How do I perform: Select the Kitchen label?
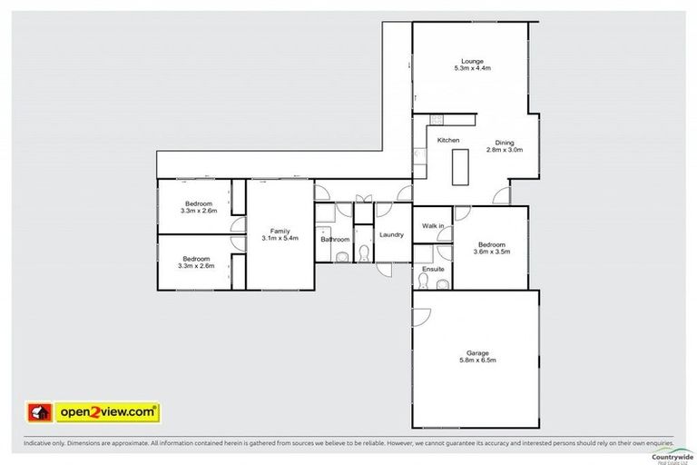click(448, 140)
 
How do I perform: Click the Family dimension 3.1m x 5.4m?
click(280, 239)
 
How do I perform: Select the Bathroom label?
click(335, 240)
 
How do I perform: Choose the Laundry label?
click(391, 235)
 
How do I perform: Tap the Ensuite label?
click(432, 270)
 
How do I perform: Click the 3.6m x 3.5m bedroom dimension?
click(491, 252)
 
